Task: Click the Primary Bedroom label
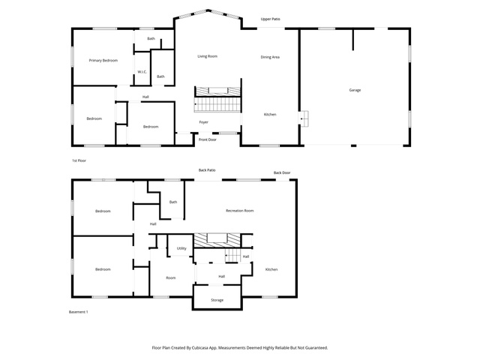tap(103, 60)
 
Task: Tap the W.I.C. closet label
tap(142, 72)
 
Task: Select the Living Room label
tap(207, 56)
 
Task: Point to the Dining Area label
tap(270, 57)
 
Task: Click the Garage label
tap(355, 90)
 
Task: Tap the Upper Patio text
tap(270, 19)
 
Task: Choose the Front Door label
tap(208, 139)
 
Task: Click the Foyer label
tap(203, 122)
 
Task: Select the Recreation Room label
tap(240, 211)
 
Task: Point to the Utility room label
tap(181, 248)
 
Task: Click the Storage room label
tap(217, 300)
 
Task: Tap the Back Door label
tap(282, 172)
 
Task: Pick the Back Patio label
tap(207, 170)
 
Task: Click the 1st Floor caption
tap(79, 160)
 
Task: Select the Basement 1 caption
tap(78, 312)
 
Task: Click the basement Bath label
tap(173, 202)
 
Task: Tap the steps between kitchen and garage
tap(304, 118)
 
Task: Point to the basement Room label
tap(171, 278)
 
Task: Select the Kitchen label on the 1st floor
tap(270, 115)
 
